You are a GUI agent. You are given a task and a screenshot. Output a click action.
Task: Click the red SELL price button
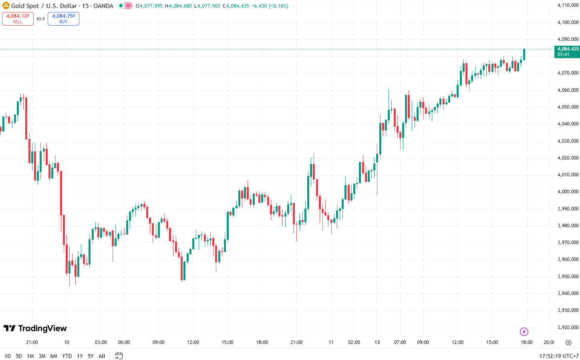(x=18, y=19)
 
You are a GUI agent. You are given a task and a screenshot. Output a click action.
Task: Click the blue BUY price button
(x=63, y=19)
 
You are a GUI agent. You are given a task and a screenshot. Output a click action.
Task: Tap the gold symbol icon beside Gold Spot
(x=6, y=6)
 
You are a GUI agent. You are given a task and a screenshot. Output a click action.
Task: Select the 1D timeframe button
(x=7, y=356)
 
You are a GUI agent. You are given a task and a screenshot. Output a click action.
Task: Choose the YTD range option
(x=67, y=356)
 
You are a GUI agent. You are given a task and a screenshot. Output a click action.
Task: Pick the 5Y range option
(x=91, y=356)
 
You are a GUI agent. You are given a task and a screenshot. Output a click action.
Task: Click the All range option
(x=102, y=356)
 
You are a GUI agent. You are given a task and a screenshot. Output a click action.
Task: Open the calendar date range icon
(x=119, y=356)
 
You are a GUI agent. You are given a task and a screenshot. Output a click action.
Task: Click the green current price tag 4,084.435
(x=567, y=52)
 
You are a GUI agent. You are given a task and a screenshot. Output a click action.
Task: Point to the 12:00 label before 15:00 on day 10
(x=193, y=342)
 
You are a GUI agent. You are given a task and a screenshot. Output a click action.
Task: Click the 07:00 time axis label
(x=400, y=342)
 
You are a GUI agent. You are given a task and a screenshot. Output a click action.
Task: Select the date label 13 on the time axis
(x=377, y=342)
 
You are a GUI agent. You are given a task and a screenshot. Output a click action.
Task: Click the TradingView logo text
(x=35, y=328)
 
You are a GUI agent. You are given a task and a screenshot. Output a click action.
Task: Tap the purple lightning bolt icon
(x=524, y=332)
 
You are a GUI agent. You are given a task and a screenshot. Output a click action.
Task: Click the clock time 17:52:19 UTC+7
(x=559, y=356)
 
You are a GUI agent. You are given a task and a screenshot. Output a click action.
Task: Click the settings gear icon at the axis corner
(x=568, y=342)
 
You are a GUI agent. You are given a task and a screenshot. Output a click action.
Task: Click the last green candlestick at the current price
(x=524, y=55)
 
